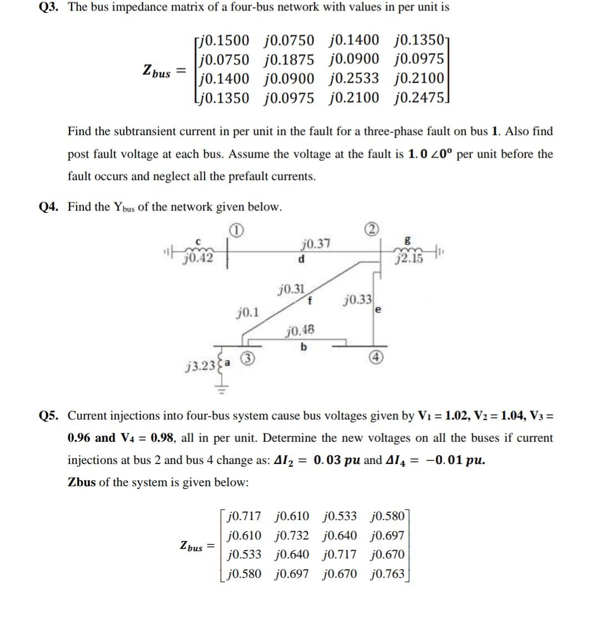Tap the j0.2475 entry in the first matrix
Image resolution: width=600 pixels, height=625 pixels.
(x=419, y=98)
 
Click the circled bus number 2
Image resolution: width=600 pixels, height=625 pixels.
(x=372, y=229)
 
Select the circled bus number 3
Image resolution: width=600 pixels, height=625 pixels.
(x=251, y=359)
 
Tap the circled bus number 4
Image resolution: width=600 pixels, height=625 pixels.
(x=374, y=357)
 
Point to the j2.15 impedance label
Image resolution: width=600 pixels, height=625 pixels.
(x=410, y=259)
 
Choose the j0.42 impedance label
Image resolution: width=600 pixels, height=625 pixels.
(x=198, y=258)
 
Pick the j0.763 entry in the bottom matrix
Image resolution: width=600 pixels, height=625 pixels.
(x=387, y=573)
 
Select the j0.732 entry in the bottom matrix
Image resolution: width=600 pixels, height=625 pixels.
(x=292, y=536)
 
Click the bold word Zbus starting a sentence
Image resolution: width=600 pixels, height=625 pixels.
(x=82, y=482)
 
